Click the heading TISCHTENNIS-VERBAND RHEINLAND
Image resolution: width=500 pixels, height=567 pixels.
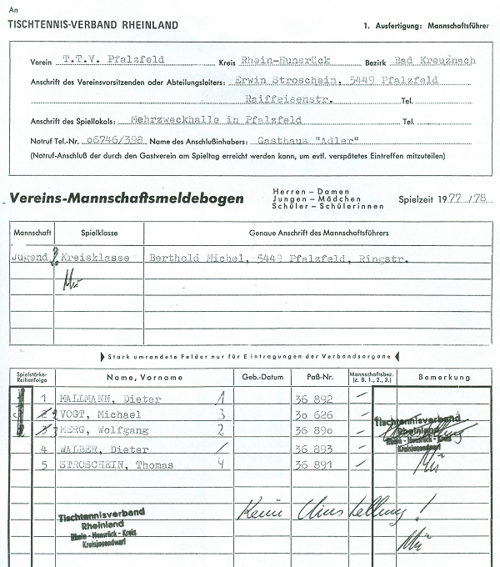point(92,26)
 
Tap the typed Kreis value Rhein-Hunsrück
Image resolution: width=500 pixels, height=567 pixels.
point(281,60)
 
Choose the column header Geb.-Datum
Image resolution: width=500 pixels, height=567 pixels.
point(262,377)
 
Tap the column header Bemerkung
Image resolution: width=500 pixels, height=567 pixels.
point(443,377)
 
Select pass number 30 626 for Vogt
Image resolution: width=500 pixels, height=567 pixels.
point(314,414)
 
